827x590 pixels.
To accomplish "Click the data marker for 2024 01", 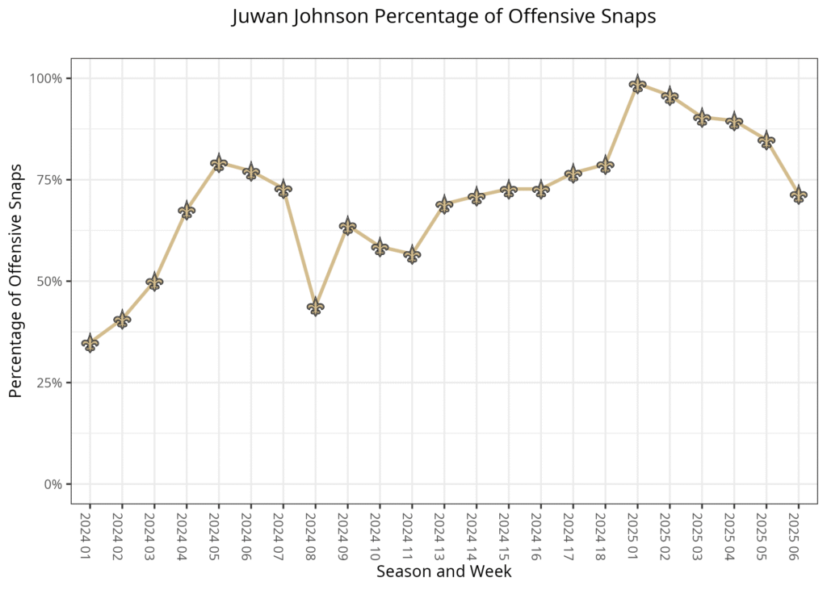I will (90, 343).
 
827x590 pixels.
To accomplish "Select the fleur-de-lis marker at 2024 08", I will (315, 307).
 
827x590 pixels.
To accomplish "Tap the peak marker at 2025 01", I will (637, 84).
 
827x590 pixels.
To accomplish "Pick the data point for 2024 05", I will (219, 163).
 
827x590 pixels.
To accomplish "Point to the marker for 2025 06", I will (799, 195).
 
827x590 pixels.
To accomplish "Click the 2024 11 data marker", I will (412, 254).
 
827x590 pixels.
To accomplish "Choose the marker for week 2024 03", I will (154, 282).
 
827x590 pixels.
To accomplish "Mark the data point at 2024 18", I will (605, 165).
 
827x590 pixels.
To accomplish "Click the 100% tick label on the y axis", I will (46, 78).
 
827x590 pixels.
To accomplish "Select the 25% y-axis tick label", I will (49, 383).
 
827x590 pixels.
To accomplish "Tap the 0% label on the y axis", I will (52, 484).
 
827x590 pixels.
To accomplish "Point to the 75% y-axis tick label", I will (49, 180).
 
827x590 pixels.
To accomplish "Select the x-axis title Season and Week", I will (443, 571).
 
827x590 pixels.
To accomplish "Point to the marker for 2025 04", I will (734, 122).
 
